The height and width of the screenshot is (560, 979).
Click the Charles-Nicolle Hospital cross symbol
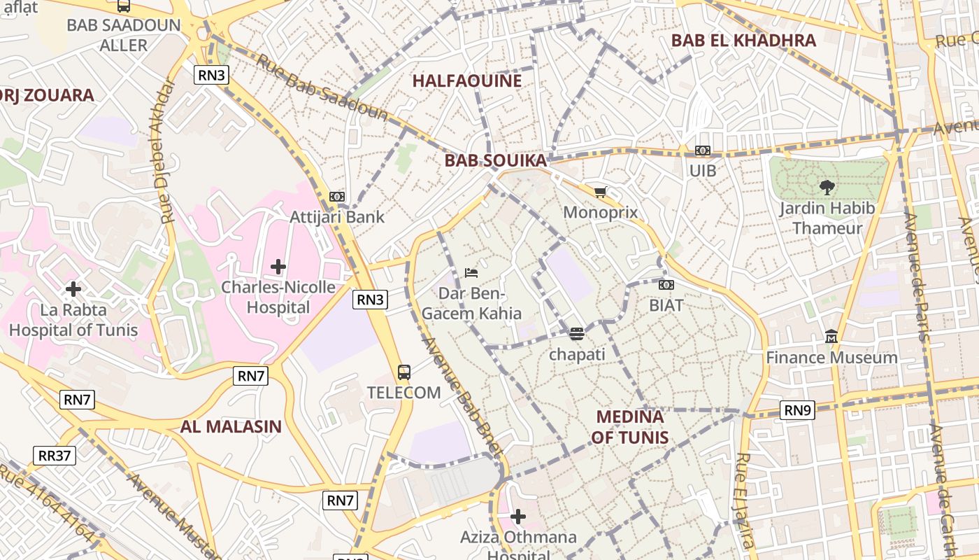click(x=278, y=266)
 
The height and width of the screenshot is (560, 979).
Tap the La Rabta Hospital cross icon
click(x=73, y=288)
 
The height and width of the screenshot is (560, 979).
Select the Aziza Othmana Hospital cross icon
click(x=517, y=517)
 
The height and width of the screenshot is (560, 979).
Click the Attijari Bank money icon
click(x=337, y=197)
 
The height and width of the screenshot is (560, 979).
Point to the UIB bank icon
click(x=703, y=150)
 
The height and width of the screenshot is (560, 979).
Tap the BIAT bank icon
click(x=666, y=285)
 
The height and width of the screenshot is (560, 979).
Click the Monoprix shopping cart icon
click(x=600, y=192)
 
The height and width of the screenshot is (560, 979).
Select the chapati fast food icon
click(x=576, y=334)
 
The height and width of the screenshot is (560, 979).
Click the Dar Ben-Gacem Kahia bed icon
click(x=472, y=272)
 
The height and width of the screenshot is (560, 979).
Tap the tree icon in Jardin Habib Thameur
click(x=827, y=187)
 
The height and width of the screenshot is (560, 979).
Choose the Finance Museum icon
click(x=831, y=337)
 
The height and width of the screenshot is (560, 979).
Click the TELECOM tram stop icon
click(x=404, y=372)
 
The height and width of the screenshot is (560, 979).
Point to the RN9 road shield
click(x=797, y=410)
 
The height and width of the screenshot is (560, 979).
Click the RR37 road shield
click(x=55, y=456)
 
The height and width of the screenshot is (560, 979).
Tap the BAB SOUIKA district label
click(x=495, y=160)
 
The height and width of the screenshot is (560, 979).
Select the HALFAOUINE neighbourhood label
click(x=467, y=80)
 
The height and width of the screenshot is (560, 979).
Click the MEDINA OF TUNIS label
click(x=629, y=427)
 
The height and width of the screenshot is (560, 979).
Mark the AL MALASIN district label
click(x=231, y=426)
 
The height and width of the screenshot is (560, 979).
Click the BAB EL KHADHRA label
click(x=743, y=40)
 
